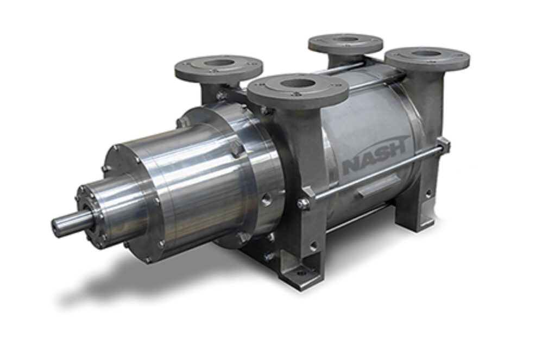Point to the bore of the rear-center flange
point(345,39)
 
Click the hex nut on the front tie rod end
point(302,204)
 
